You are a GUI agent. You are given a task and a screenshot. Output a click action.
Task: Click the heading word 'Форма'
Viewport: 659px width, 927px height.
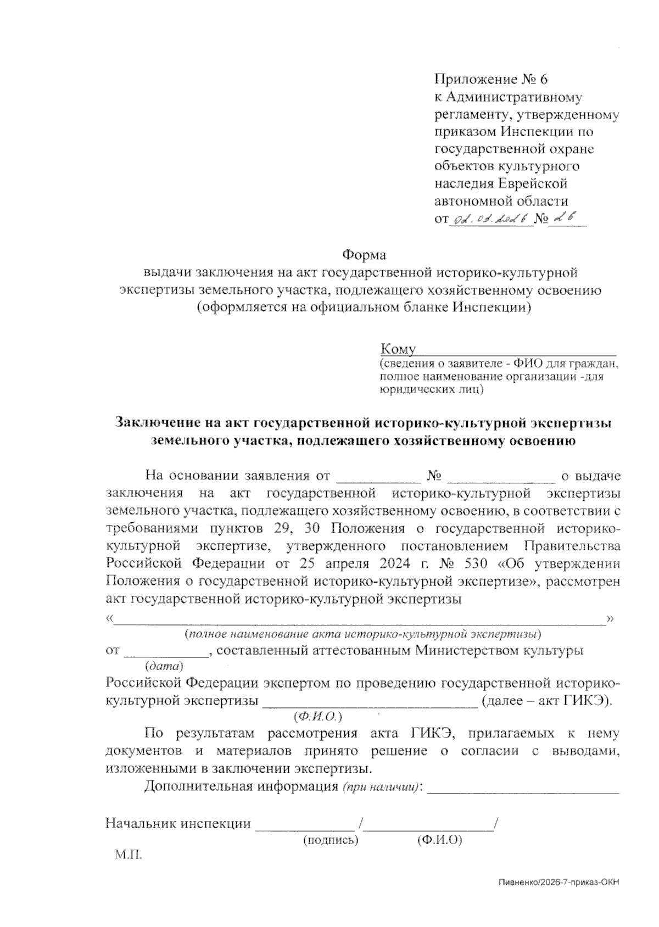click(x=364, y=255)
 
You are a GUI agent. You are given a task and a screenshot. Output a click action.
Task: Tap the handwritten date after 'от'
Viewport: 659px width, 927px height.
click(x=490, y=219)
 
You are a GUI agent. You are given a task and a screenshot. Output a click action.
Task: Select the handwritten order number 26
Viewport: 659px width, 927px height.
click(x=566, y=218)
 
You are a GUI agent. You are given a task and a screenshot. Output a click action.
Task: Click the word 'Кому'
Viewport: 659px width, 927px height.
click(x=398, y=350)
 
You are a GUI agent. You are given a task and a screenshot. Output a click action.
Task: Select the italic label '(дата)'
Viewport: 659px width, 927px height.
click(x=164, y=667)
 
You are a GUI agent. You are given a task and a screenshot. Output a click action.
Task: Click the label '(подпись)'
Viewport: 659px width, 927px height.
click(x=331, y=840)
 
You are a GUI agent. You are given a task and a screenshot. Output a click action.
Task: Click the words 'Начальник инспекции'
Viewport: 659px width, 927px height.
click(x=178, y=824)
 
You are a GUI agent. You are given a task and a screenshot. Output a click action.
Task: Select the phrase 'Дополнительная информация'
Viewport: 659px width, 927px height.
click(x=241, y=786)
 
